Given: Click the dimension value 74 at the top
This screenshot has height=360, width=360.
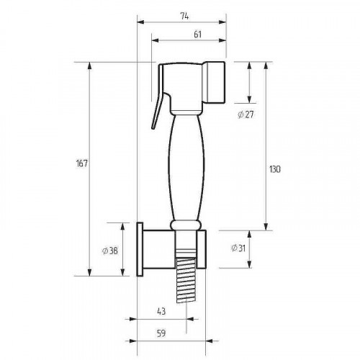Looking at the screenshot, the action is pos(184,17).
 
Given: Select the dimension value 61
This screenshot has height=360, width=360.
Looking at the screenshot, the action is pos(197,35).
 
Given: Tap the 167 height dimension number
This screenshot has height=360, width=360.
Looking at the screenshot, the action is pos(82,163).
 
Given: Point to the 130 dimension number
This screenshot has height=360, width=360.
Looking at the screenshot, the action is pos(274,169).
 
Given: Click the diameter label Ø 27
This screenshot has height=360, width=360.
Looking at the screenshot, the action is pos(246,114).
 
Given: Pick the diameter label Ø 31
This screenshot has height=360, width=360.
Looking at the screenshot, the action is pos(238,248).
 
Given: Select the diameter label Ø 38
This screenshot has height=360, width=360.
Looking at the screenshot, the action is pos(109,251).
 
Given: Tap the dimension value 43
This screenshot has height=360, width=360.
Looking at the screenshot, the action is pos(161,311).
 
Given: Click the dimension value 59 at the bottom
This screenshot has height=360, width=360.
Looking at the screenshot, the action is pos(161,333).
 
